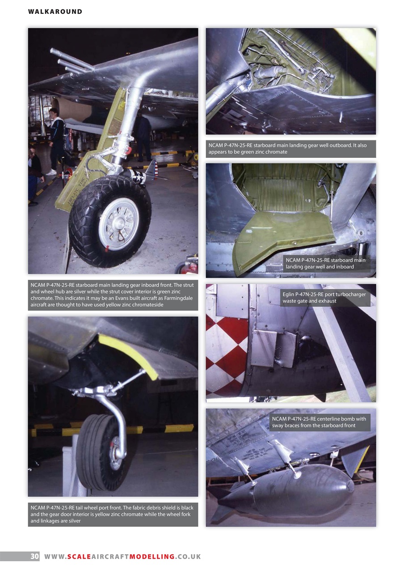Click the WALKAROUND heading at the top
click(55, 12)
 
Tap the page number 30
click(34, 556)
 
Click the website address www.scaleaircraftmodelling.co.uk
click(122, 556)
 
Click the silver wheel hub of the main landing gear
click(118, 223)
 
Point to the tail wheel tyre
click(94, 451)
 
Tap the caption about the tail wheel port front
click(113, 514)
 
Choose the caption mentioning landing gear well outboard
click(290, 149)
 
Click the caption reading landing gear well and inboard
click(326, 263)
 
